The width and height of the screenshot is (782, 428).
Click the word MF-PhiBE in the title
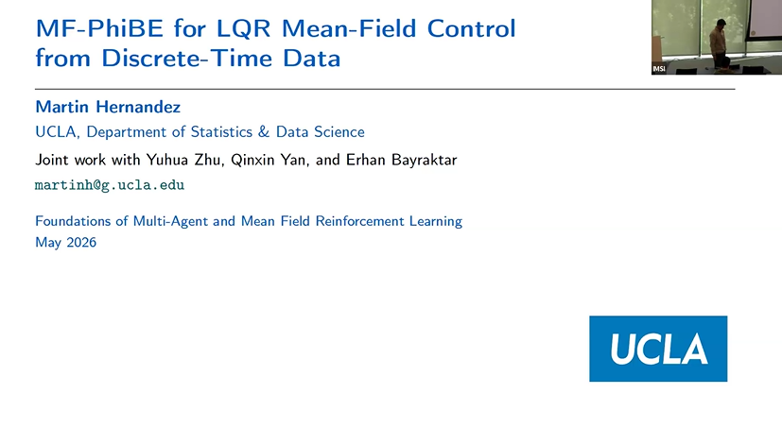click(x=99, y=28)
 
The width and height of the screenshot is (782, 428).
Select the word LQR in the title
click(x=243, y=29)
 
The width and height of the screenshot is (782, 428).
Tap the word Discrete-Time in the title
click(x=187, y=58)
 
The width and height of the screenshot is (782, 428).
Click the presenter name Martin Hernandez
click(x=108, y=107)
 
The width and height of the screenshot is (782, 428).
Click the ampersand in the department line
click(x=264, y=132)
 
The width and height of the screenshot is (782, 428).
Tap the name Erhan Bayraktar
click(x=402, y=160)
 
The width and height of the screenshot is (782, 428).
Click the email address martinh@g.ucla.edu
click(x=110, y=185)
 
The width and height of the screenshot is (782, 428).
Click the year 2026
click(x=81, y=242)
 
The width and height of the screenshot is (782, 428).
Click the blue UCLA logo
click(x=658, y=349)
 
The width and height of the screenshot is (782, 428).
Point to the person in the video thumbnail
click(x=719, y=43)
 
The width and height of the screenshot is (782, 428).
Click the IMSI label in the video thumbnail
click(x=659, y=69)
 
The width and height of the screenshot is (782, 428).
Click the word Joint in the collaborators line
click(x=52, y=160)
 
